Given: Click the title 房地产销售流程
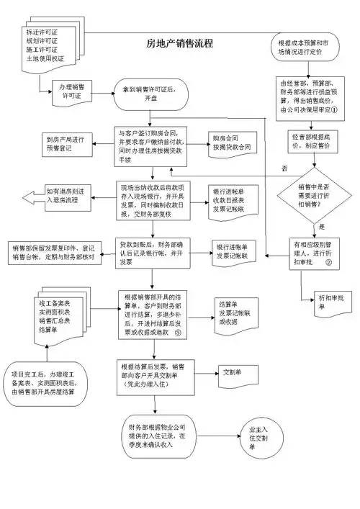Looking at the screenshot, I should [x=179, y=43].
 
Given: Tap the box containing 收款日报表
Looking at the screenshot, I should [x=235, y=197].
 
